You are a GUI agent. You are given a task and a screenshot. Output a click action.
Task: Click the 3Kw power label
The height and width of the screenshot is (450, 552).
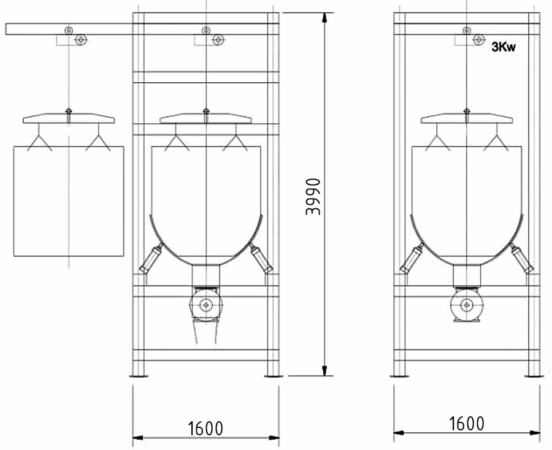point(504,47)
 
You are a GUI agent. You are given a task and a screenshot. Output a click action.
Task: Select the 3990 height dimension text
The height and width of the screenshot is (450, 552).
point(313,197)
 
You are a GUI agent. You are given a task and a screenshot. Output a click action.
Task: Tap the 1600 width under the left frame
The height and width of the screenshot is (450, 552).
point(205,429)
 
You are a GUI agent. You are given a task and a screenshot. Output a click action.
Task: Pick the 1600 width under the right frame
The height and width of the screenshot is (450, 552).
point(467,424)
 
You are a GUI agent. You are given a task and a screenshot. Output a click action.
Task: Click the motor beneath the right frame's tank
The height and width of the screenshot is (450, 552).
point(467,305)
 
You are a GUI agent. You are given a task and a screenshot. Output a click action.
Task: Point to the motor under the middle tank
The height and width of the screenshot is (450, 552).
point(206,305)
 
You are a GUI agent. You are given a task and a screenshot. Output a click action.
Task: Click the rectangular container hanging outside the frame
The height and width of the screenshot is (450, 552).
point(69,201)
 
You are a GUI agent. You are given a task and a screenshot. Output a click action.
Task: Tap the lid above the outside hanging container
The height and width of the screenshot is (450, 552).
point(69,118)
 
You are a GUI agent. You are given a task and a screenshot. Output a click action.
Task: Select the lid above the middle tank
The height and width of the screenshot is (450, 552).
point(205,118)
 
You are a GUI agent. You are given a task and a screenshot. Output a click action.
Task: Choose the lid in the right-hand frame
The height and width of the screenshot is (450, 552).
point(467,118)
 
